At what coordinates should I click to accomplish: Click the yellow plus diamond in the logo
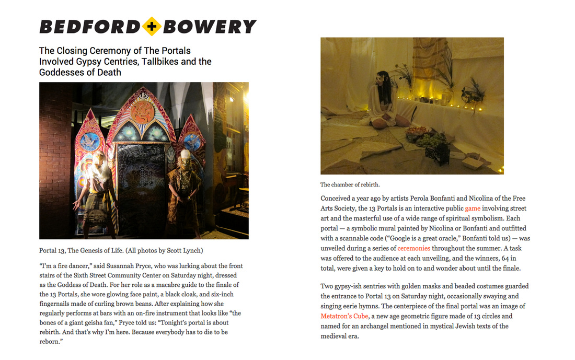152,27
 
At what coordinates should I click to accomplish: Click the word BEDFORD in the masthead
89,27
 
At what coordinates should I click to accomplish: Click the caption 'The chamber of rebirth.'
350,184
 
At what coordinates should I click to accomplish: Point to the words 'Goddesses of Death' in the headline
80,73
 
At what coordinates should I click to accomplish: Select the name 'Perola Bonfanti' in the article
427,199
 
